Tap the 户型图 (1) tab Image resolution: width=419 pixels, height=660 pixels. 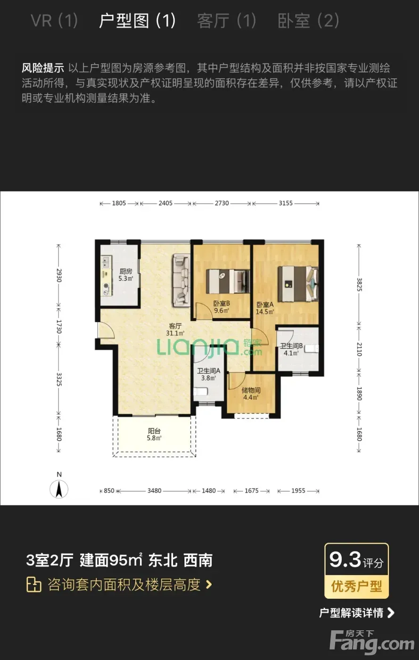(137, 21)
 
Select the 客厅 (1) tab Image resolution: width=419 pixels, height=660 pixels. (227, 21)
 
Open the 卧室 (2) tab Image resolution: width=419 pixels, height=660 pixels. (309, 21)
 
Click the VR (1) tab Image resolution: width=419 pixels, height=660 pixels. (54, 21)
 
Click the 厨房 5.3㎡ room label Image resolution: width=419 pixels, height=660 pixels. (126, 274)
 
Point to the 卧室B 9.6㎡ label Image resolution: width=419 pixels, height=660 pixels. (222, 307)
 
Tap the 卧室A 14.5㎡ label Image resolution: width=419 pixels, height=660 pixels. (264, 308)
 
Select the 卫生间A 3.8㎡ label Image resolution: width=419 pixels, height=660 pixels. (209, 374)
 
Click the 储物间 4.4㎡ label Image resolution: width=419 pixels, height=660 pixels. (251, 394)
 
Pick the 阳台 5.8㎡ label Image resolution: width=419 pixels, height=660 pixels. (154, 434)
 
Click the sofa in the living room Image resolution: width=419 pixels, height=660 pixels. (181, 280)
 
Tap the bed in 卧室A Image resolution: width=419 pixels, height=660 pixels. (298, 284)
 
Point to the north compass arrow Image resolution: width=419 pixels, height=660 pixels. (59, 489)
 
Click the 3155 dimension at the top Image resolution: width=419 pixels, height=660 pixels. (286, 203)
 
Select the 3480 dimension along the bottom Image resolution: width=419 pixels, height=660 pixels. (155, 491)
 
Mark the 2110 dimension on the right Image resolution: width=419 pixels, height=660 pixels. (359, 349)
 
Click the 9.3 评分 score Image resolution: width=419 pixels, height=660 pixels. (356, 560)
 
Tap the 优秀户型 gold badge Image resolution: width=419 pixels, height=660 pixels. (356, 586)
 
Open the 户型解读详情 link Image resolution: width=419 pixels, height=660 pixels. (357, 613)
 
